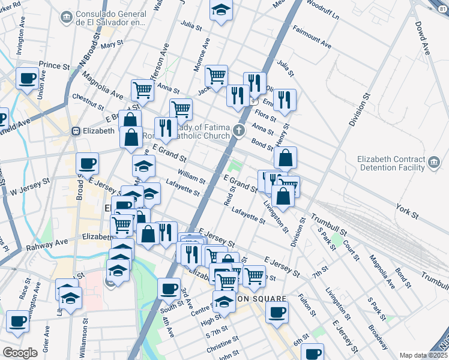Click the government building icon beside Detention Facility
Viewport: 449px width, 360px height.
point(434,162)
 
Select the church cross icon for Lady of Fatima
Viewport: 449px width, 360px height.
point(240,130)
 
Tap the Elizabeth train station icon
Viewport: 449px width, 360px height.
point(76,131)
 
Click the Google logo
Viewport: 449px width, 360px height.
point(20,353)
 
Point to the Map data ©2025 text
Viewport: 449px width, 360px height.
point(424,355)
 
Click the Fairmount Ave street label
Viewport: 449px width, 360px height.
point(312,37)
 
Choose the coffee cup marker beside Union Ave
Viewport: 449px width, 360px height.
point(27,78)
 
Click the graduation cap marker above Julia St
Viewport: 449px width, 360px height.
point(221,10)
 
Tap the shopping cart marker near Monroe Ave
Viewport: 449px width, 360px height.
point(216,76)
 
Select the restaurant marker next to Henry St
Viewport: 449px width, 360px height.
point(285,100)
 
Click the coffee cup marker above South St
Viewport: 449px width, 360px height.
point(169,288)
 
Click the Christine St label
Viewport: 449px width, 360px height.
point(223,345)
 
